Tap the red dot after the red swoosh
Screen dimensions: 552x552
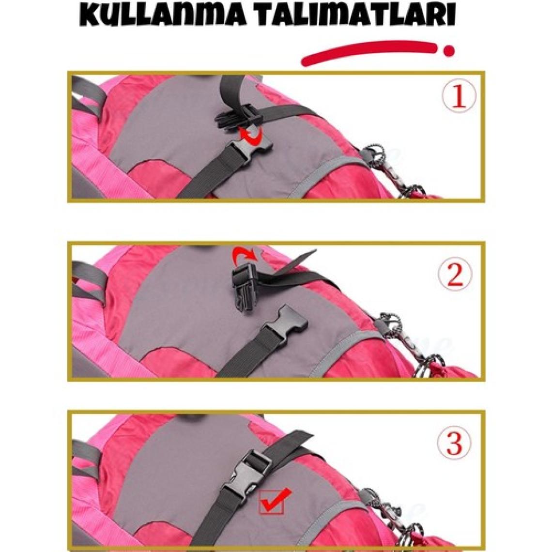click(448, 51)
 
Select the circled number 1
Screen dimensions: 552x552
click(459, 95)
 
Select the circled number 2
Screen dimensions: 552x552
click(456, 274)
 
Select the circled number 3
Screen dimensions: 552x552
click(454, 443)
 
